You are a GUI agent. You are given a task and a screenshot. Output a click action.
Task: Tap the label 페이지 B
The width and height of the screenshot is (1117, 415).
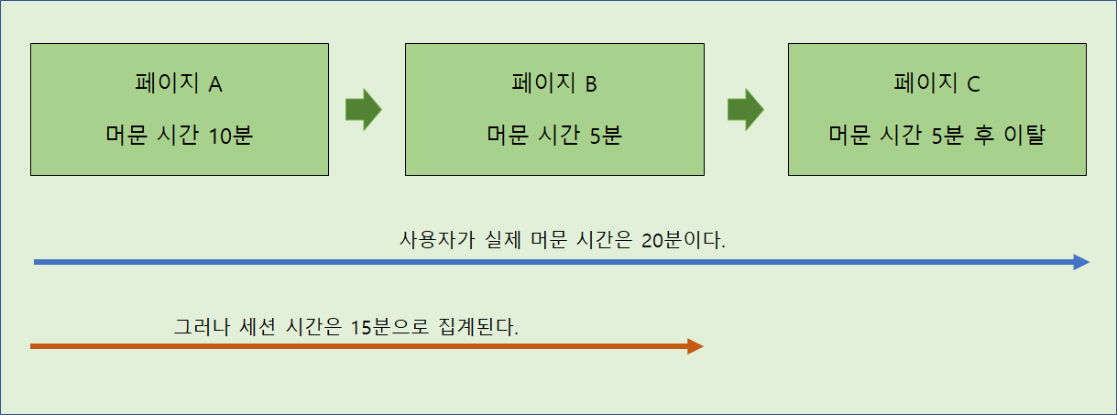pyautogui.click(x=553, y=84)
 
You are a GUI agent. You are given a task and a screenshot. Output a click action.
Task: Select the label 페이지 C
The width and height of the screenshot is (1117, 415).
pyautogui.click(x=936, y=84)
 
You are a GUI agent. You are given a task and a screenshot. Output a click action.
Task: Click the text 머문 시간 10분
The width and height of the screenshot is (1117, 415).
pyautogui.click(x=179, y=137)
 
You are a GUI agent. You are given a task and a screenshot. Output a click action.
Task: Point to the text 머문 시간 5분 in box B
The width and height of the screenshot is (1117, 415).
pyautogui.click(x=553, y=137)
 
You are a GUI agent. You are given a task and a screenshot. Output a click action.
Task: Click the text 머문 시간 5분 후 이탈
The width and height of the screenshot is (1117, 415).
pyautogui.click(x=936, y=137)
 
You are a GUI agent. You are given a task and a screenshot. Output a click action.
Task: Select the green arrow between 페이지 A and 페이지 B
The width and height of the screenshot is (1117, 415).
pyautogui.click(x=363, y=110)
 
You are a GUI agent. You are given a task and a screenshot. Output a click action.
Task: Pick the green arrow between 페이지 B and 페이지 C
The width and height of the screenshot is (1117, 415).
pyautogui.click(x=745, y=110)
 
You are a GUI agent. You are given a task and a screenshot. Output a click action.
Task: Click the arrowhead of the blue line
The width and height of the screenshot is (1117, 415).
pyautogui.click(x=1081, y=263)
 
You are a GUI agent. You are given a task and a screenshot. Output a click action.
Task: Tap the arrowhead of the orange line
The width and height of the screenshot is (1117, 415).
pyautogui.click(x=695, y=346)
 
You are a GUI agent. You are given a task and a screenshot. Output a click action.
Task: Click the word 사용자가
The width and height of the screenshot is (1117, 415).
pyautogui.click(x=432, y=242)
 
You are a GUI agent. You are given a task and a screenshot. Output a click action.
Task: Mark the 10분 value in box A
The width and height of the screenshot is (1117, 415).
pyautogui.click(x=230, y=137)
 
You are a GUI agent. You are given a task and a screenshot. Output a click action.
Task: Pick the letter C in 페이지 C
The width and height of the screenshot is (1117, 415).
pyautogui.click(x=972, y=84)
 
